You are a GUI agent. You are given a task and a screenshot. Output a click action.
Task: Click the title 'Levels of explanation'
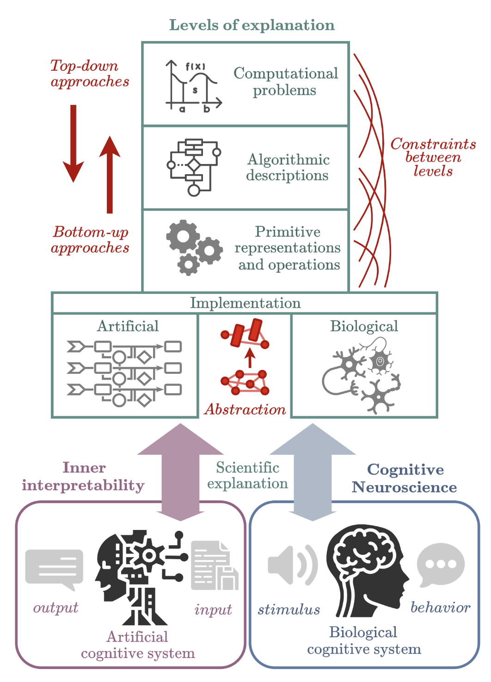click(x=252, y=25)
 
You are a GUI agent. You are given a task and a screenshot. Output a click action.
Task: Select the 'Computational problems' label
click(x=285, y=81)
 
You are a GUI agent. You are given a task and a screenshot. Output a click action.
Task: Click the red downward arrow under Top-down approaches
click(x=73, y=143)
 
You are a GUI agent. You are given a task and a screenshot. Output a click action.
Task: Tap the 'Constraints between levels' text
click(x=433, y=157)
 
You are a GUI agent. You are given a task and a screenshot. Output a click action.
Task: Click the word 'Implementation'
click(x=245, y=303)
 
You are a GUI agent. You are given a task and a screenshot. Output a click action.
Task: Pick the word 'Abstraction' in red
click(x=245, y=409)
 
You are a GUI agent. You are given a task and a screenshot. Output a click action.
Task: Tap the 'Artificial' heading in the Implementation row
click(x=128, y=326)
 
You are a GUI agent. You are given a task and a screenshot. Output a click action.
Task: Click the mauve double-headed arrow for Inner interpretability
click(x=180, y=471)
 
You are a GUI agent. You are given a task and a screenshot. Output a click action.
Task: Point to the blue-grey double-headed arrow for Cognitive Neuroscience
click(x=313, y=471)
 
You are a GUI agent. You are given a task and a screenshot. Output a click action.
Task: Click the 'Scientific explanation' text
click(x=247, y=475)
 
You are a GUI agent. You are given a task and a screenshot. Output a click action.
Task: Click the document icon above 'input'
click(x=214, y=566)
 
